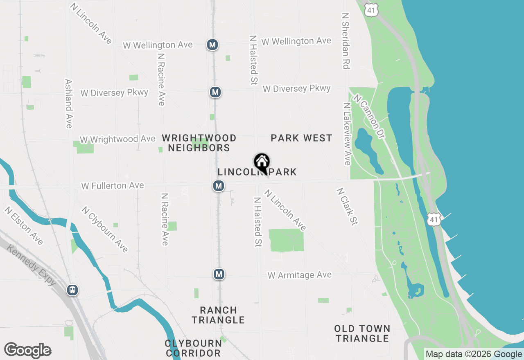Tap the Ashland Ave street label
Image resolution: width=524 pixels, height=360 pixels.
coord(68,103)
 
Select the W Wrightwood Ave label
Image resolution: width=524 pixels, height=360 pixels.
coord(117,139)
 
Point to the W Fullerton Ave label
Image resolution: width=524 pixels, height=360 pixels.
coord(113,186)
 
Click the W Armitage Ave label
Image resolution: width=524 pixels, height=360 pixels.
coord(299,275)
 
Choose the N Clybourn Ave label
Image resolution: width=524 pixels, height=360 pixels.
coord(104,229)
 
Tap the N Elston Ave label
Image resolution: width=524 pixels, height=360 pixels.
coord(24,225)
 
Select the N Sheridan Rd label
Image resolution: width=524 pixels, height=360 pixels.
coord(346,40)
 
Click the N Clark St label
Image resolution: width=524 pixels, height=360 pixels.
coord(347,206)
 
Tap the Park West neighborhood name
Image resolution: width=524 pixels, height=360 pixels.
coord(301,138)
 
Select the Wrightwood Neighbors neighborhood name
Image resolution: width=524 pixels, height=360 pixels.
coord(199,143)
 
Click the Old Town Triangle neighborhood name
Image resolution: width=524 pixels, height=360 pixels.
coord(362,333)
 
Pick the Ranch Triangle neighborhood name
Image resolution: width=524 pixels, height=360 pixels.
coord(218,315)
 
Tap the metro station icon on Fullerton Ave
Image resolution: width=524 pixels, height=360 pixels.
coord(219,186)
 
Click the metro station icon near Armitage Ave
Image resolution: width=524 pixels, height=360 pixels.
coord(219,274)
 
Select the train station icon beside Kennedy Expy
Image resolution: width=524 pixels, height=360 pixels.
coord(72,290)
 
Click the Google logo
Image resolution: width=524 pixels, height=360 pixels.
coord(27,350)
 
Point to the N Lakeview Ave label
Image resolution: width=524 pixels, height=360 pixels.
coord(347,134)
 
